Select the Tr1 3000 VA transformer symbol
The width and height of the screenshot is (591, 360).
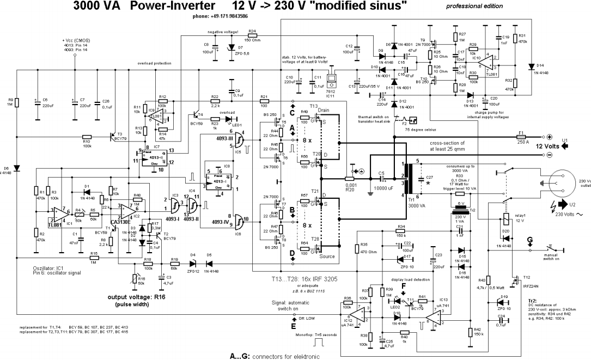(405, 178)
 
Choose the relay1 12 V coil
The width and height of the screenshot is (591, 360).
(507, 218)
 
